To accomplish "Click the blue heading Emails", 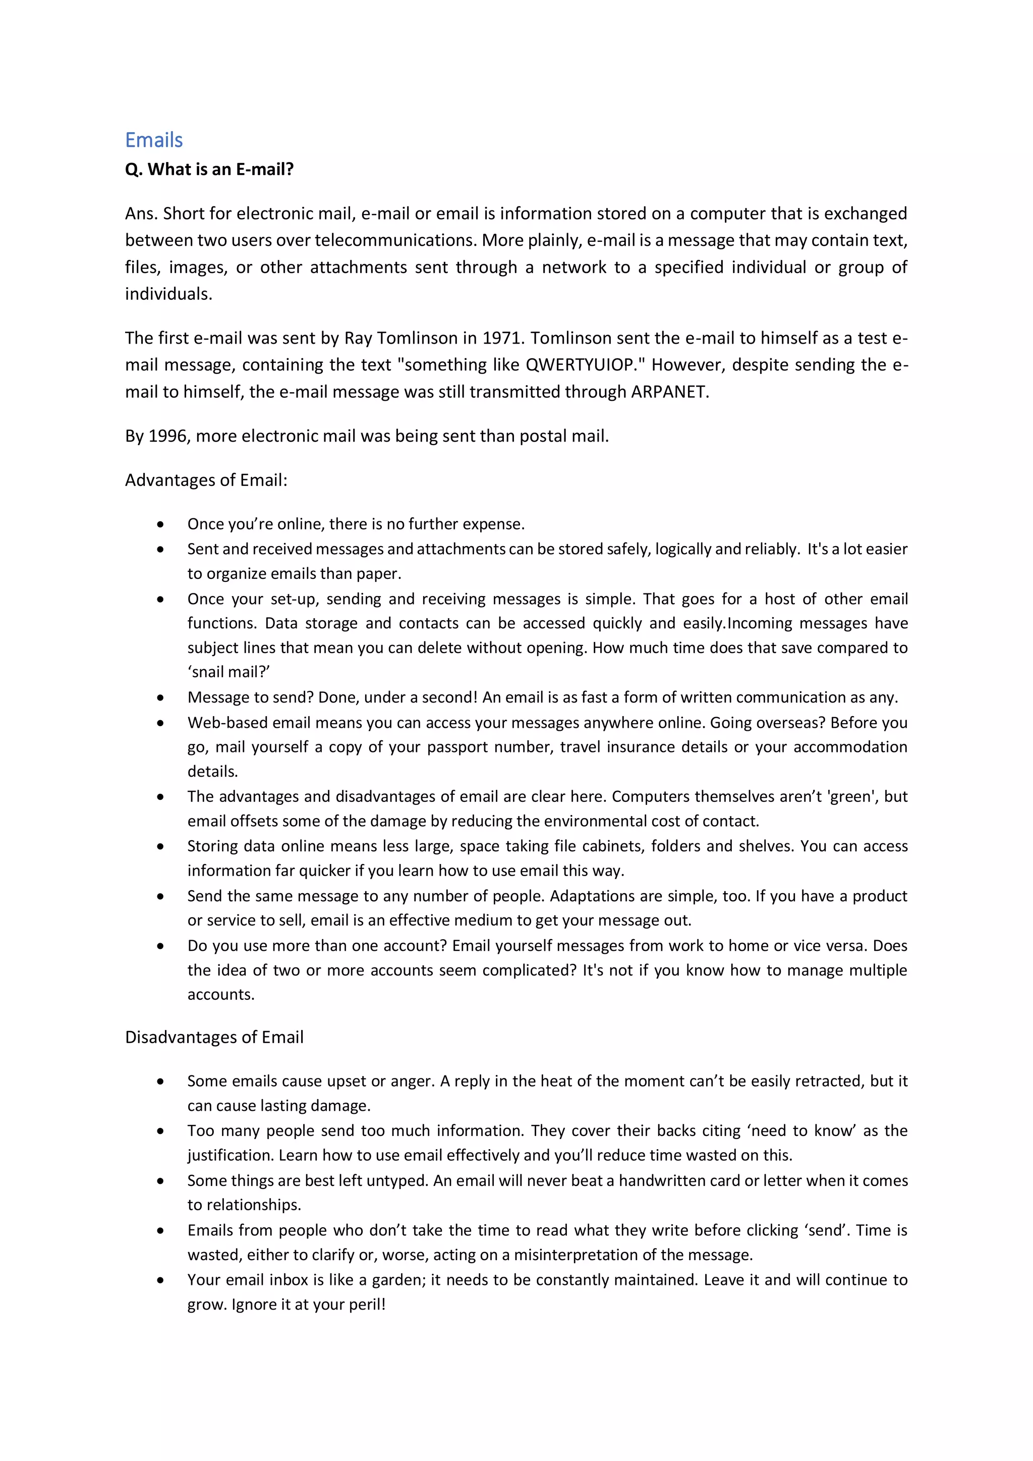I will pos(154,140).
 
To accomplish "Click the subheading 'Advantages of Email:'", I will pos(206,480).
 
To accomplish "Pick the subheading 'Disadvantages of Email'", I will pos(214,1037).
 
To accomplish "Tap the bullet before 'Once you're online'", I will pos(160,524).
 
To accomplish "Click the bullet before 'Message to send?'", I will pos(160,697).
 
